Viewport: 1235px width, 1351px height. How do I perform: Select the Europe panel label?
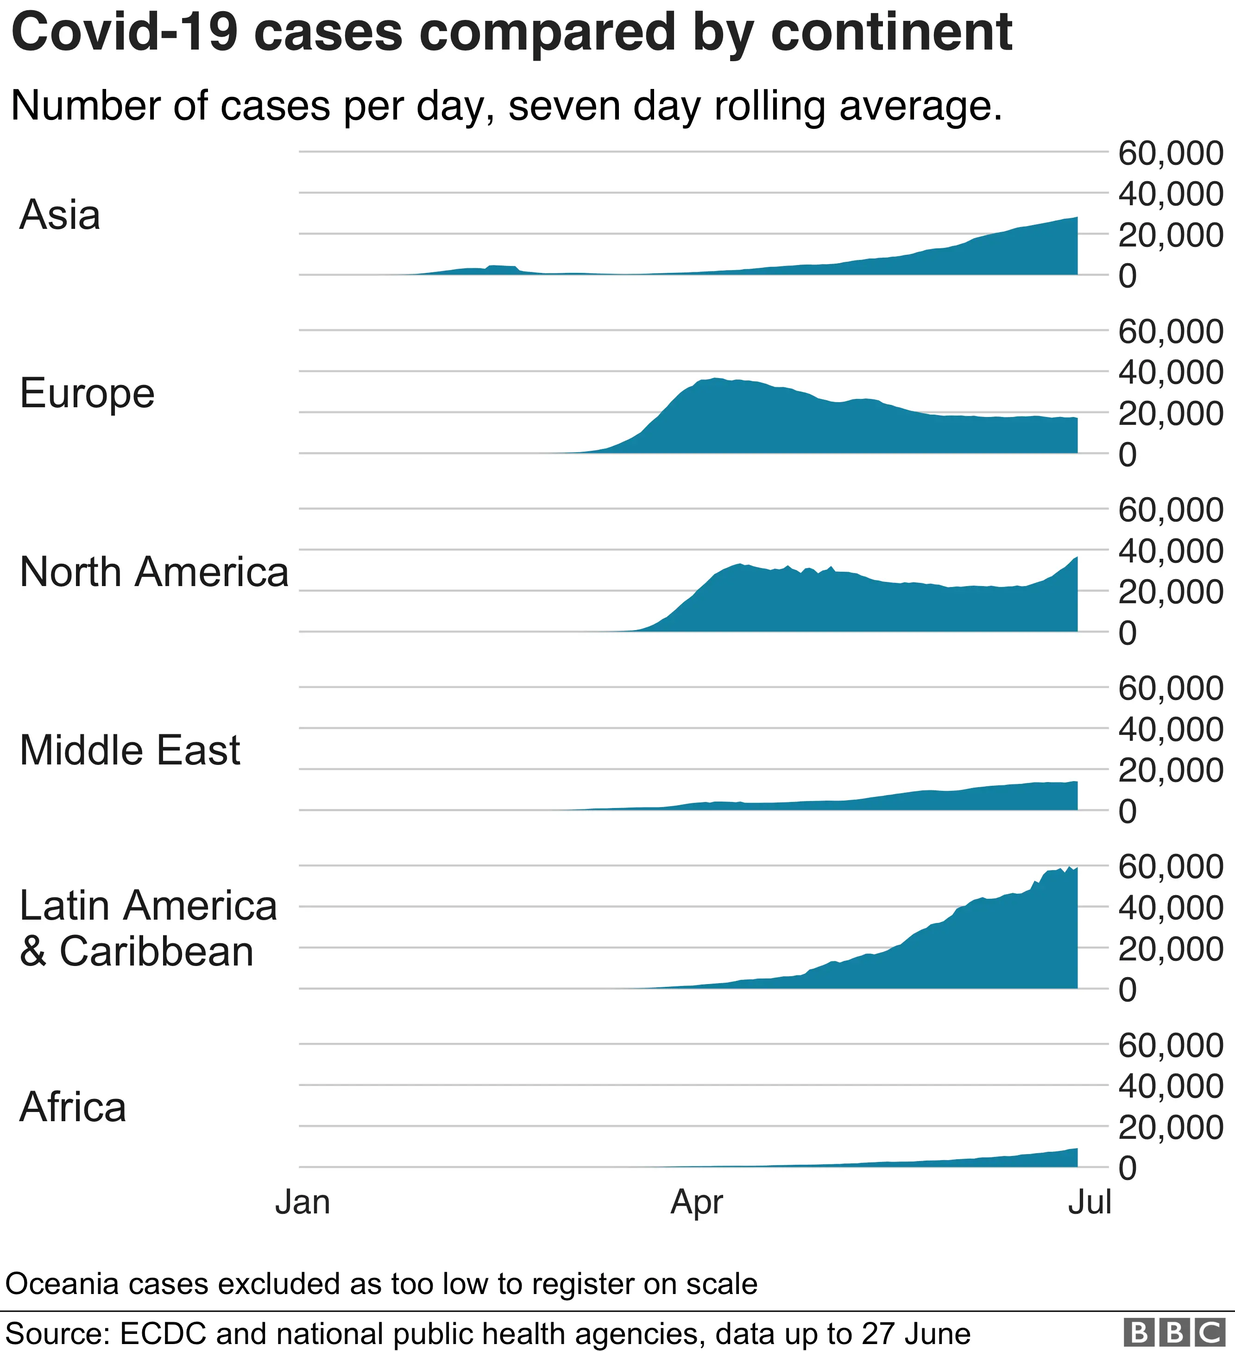(x=87, y=393)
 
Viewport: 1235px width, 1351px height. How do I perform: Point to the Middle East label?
(x=129, y=750)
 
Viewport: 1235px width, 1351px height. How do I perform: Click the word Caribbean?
(x=157, y=952)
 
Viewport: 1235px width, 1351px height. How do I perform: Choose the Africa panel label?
(x=72, y=1107)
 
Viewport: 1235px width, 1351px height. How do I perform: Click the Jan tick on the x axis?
(x=303, y=1201)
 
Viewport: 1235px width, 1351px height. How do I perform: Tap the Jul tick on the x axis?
(x=1090, y=1201)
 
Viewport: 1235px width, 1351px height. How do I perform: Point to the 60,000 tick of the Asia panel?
(x=1170, y=153)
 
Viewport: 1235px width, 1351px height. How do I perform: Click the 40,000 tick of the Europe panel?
(x=1170, y=372)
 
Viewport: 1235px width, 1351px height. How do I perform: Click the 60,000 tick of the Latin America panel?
(x=1170, y=867)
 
